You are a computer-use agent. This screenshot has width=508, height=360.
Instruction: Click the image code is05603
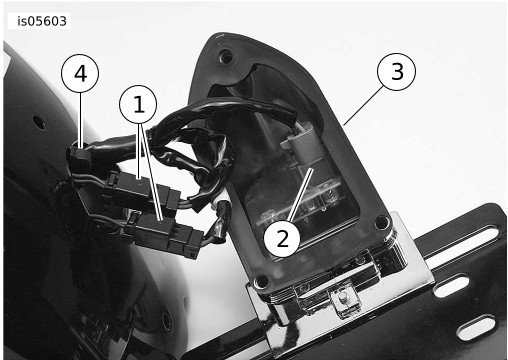pyautogui.click(x=42, y=21)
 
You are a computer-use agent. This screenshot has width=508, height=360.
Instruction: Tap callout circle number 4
pyautogui.click(x=80, y=74)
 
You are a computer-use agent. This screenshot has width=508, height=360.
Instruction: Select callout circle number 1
pyautogui.click(x=138, y=105)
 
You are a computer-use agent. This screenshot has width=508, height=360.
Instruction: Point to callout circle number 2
pyautogui.click(x=282, y=238)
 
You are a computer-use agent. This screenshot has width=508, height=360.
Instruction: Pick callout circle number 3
pyautogui.click(x=396, y=72)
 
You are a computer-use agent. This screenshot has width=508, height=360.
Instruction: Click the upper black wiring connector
pyautogui.click(x=143, y=191)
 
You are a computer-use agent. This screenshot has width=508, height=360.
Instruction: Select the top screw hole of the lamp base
pyautogui.click(x=226, y=56)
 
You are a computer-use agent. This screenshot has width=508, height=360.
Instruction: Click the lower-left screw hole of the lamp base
pyautogui.click(x=261, y=281)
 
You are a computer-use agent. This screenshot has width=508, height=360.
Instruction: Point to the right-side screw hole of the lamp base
pyautogui.click(x=382, y=222)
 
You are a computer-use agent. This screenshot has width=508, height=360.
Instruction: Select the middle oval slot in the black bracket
pyautogui.click(x=451, y=285)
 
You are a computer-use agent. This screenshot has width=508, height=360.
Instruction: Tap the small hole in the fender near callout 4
pyautogui.click(x=40, y=124)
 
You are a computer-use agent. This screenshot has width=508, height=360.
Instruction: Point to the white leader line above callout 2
pyautogui.click(x=301, y=194)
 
